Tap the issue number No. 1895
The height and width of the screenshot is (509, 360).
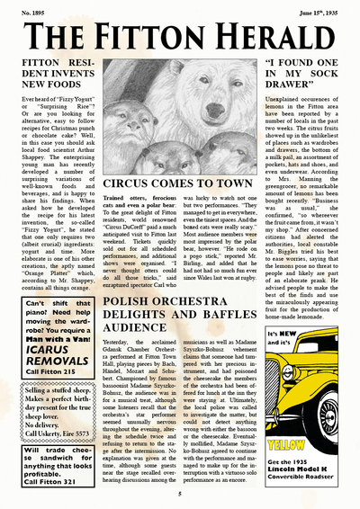[x=31, y=12]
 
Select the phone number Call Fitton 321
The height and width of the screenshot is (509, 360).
[x=50, y=480]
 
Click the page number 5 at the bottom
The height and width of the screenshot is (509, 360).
[x=179, y=493]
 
